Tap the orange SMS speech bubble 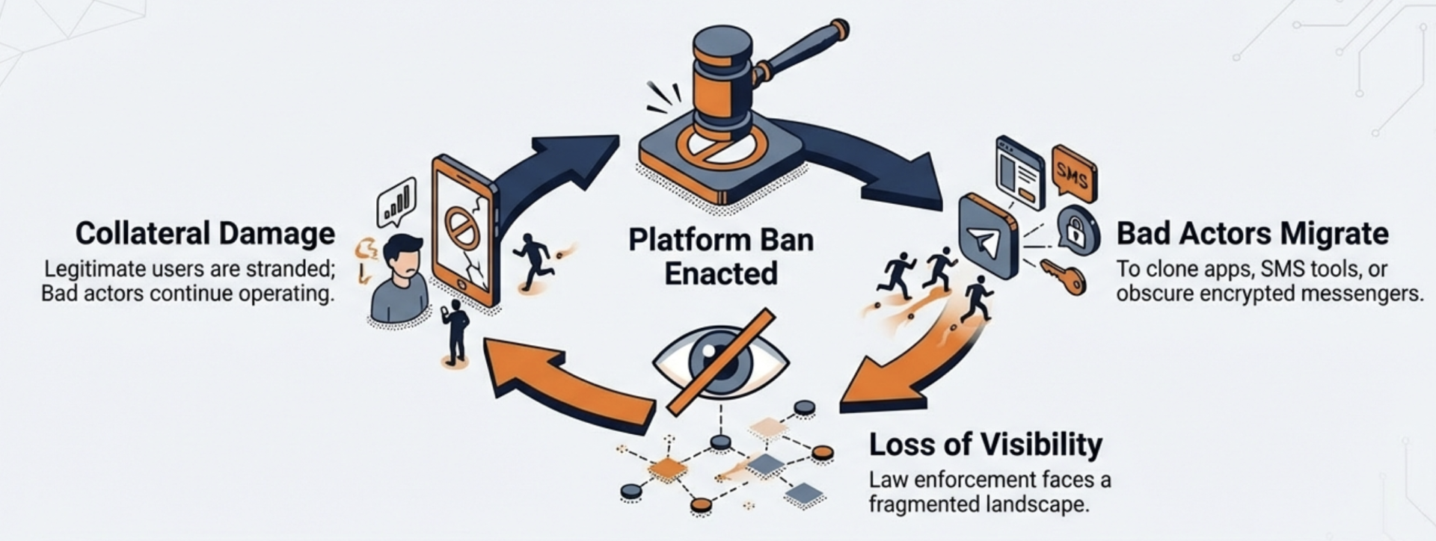coord(1073,173)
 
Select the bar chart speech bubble coord(396,200)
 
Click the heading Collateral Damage coord(205,234)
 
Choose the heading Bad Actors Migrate coord(1252,234)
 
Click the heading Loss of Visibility coord(985,445)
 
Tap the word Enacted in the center coord(721,273)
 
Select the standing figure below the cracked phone coord(455,332)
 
